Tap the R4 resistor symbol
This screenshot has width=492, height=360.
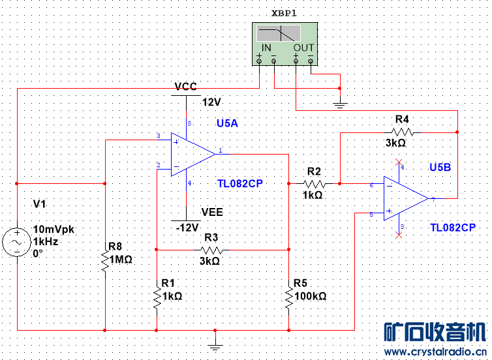pyautogui.click(x=403, y=132)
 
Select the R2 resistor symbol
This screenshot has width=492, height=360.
pyautogui.click(x=315, y=184)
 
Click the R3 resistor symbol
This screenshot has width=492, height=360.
pyautogui.click(x=211, y=250)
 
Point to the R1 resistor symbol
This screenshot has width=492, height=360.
pyautogui.click(x=157, y=297)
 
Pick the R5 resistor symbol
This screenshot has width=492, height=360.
pyautogui.click(x=288, y=297)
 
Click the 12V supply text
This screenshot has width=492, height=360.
pyautogui.click(x=212, y=102)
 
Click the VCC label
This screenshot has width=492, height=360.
pyautogui.click(x=186, y=87)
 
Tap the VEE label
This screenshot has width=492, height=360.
pyautogui.click(x=212, y=212)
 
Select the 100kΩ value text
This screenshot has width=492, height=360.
pyautogui.click(x=310, y=295)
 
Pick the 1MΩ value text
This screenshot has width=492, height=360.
pyautogui.click(x=121, y=259)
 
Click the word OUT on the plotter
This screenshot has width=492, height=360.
pyautogui.click(x=303, y=48)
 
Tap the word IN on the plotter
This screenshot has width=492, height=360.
pyautogui.click(x=266, y=48)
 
